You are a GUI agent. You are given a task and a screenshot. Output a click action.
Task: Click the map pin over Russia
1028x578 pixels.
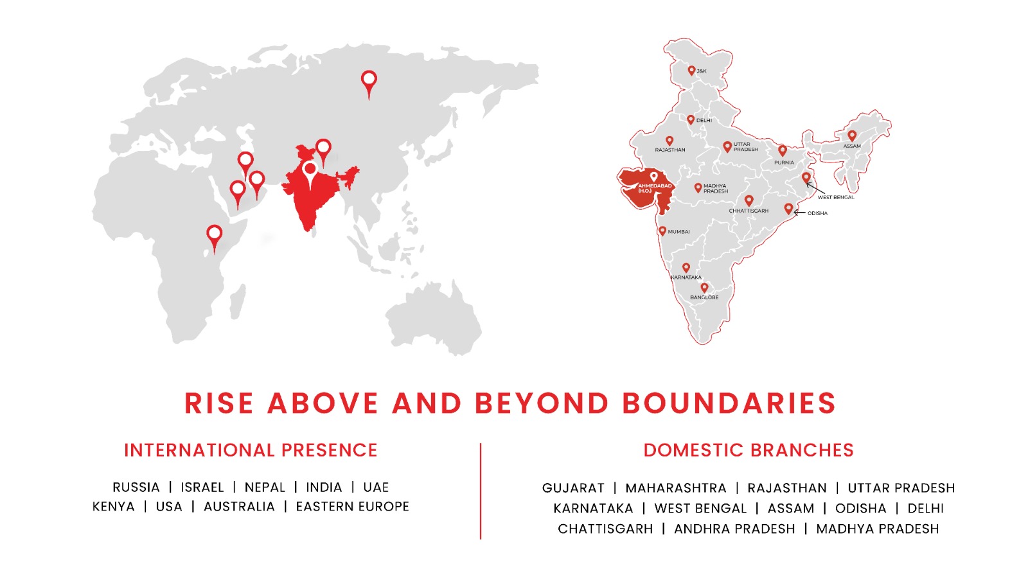[x=369, y=85]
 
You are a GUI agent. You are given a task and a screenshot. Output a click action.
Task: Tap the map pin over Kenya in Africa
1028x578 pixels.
[x=215, y=238]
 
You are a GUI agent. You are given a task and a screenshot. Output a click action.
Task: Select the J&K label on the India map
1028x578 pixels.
[x=702, y=71]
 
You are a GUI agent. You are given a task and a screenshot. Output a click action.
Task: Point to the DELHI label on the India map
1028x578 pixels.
[x=704, y=120]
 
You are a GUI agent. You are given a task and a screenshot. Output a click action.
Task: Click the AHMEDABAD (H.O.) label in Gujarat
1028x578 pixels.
[x=655, y=188]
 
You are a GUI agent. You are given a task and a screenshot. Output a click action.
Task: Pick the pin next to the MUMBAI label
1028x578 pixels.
[x=662, y=231]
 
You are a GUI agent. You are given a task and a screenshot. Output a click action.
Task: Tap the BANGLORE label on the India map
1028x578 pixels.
[x=704, y=297]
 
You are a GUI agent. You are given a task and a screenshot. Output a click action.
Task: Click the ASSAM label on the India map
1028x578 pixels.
[x=852, y=146]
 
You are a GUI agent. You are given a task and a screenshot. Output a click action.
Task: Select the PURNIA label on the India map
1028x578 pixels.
[x=784, y=162]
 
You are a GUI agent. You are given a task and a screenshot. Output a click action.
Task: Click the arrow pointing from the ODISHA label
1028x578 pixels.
[x=799, y=213]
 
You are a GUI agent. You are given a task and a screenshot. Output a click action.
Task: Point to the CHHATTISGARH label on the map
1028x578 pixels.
[x=749, y=211]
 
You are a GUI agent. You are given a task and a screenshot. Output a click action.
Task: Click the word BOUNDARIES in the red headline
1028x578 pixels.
[x=729, y=403]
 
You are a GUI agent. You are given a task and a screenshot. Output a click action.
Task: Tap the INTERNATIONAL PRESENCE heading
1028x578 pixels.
[x=251, y=450]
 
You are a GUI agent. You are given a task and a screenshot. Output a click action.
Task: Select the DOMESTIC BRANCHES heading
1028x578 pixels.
[x=749, y=450]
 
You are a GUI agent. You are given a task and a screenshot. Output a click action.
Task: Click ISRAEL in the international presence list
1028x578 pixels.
[x=202, y=487]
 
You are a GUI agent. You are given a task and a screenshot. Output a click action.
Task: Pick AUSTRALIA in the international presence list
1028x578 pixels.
[x=239, y=507]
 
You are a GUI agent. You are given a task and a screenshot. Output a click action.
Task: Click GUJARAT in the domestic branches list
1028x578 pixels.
[x=573, y=487]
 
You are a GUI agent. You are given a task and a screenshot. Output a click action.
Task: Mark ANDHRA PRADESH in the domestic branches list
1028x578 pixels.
[x=734, y=529]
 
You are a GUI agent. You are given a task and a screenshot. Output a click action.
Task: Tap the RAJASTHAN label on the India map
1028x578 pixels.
[x=670, y=150]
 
